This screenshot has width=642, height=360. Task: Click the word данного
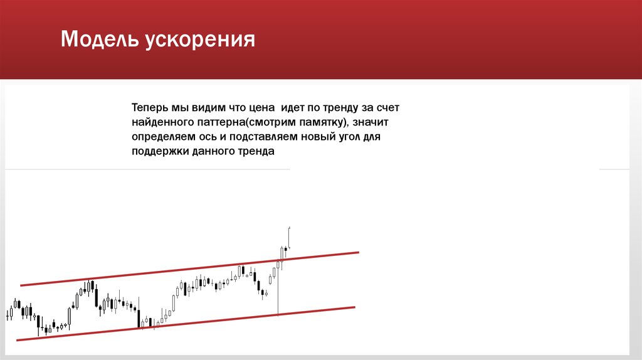coord(213,151)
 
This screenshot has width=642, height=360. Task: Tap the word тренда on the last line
coord(258,151)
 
